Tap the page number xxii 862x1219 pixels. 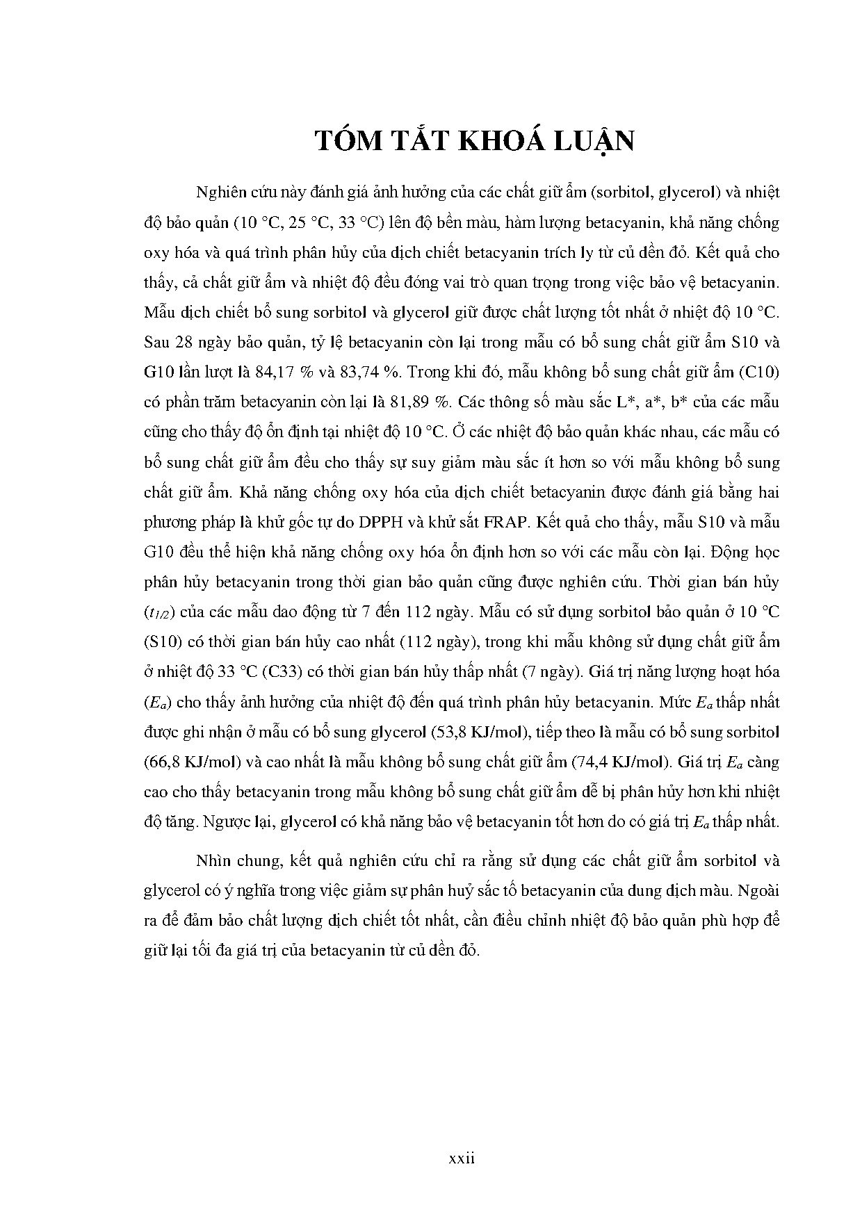(461, 1159)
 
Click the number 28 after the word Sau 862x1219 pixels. (184, 342)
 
